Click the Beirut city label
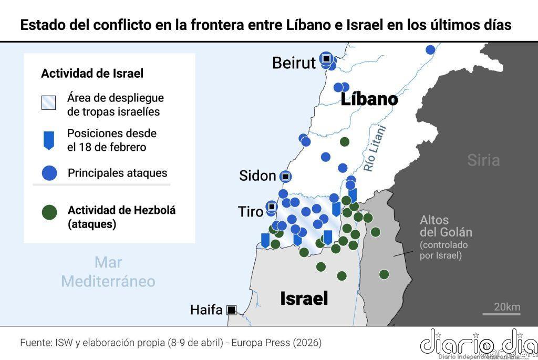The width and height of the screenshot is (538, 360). coord(294,63)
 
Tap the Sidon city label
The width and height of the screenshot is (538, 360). coord(257,176)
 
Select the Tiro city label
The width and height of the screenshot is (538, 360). coord(251,212)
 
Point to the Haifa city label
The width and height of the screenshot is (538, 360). coord(206,310)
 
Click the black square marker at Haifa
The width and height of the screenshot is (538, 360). coord(231,310)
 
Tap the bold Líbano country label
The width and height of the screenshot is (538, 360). coord(369,99)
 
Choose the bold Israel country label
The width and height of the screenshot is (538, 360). coord(304,299)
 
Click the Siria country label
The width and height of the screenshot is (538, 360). coord(483,160)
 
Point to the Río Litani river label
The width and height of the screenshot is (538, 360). coord(375,149)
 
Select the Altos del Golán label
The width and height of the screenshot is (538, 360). coord(446,226)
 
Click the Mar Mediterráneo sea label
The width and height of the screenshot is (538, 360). coord(108,272)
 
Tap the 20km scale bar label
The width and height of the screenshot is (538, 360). coord(506,307)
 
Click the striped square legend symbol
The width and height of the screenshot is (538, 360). coord(49,103)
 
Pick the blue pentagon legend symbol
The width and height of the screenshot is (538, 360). coord(49,140)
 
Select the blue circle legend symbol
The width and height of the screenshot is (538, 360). coord(49,173)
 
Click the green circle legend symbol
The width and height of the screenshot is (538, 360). coord(49,213)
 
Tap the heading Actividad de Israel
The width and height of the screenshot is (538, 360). coord(92,74)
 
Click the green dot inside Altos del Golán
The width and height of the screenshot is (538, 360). coord(384,274)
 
